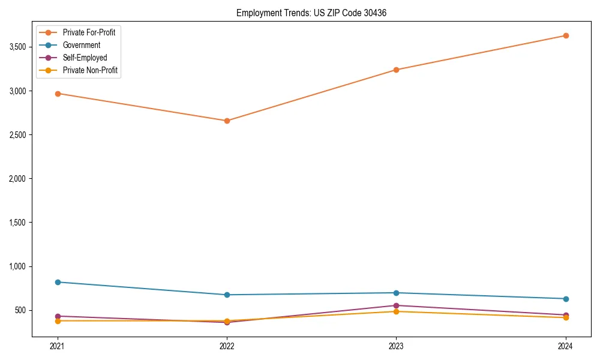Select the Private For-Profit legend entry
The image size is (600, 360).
point(89,32)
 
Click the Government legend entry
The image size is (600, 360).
point(81,45)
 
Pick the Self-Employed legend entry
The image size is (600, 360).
point(85,58)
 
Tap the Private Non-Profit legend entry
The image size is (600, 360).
point(90,70)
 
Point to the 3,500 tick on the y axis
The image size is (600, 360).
point(20,47)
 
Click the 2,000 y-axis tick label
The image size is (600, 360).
point(20,179)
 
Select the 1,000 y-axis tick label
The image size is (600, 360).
point(20,266)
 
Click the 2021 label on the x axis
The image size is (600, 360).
point(58,346)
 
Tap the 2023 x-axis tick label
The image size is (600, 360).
point(396,346)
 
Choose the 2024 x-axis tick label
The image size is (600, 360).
point(565,346)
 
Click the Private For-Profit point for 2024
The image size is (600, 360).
point(565,35)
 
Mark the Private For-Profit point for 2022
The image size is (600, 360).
point(227,121)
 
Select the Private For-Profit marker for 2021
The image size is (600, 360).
point(58,94)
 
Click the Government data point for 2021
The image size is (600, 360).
point(58,282)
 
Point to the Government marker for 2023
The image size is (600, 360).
point(396,293)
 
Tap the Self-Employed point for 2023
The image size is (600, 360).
point(396,305)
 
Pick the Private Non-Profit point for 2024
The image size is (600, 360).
point(565,317)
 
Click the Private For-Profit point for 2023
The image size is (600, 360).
point(396,70)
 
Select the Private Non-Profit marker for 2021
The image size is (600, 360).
point(58,321)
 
